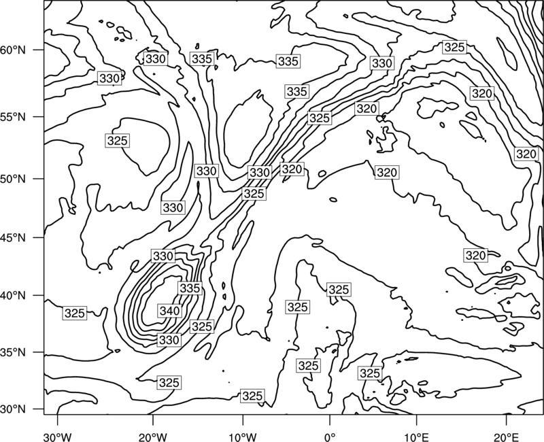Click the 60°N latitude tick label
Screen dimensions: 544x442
(x=13, y=50)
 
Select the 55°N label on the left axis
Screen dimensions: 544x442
(x=13, y=117)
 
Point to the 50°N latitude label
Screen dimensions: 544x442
(x=13, y=180)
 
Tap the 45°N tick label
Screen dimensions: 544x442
(x=13, y=238)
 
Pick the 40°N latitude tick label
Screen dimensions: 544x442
(x=13, y=296)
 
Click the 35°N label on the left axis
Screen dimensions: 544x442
(x=13, y=353)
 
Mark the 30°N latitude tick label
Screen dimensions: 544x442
(x=13, y=409)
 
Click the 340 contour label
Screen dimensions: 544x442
(x=169, y=311)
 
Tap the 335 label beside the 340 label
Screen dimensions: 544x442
(x=190, y=288)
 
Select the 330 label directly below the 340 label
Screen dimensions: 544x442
(x=169, y=339)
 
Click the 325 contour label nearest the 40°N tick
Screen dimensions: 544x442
(x=75, y=313)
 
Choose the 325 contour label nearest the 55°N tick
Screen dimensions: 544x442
(x=117, y=141)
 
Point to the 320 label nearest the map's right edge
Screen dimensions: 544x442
(x=526, y=154)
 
